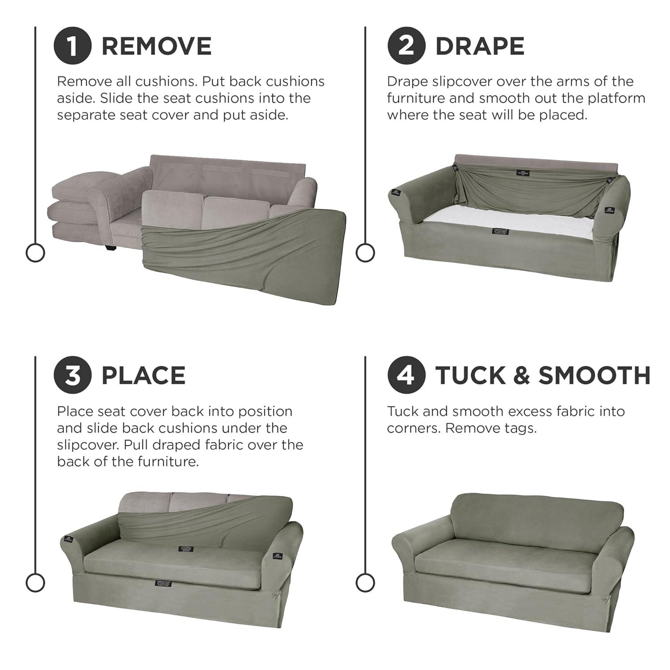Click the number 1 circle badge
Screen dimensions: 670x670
tap(73, 46)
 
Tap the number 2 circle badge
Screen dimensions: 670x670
tap(406, 46)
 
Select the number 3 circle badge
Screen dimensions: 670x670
tap(73, 375)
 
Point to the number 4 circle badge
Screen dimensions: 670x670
tap(406, 375)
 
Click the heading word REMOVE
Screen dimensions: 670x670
tap(156, 46)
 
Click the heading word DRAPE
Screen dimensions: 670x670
tap(480, 46)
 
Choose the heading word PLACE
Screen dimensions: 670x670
tap(143, 376)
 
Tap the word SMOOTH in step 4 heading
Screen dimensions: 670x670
tap(595, 376)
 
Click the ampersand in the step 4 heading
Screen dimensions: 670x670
tap(521, 376)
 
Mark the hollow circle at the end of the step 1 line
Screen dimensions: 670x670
tap(35, 253)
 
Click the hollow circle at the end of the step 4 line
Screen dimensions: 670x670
tap(365, 582)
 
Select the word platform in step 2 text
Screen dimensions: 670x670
tap(614, 98)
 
